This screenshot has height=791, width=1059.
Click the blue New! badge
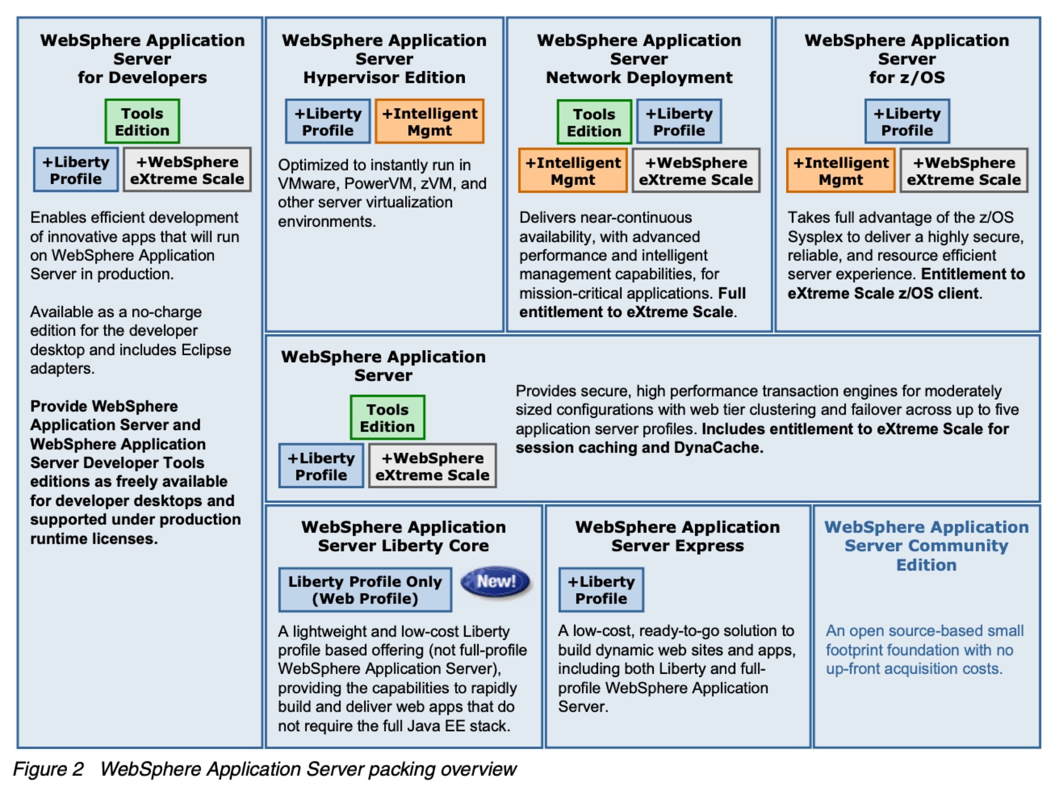(495, 581)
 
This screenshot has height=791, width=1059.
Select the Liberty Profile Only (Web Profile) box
(365, 590)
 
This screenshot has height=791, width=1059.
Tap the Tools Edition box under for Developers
(142, 122)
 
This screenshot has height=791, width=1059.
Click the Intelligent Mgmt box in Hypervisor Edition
(429, 122)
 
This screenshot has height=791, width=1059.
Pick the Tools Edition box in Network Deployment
(594, 122)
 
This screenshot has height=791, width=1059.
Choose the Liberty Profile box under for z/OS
(907, 122)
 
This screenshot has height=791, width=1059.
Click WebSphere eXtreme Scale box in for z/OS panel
(964, 171)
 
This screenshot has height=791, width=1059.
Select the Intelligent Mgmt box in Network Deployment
(572, 171)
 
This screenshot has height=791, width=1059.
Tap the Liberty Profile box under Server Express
(601, 590)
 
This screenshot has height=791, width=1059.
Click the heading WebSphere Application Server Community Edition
(926, 545)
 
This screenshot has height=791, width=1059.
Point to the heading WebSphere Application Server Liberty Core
(403, 536)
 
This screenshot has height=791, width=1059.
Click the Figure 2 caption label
(48, 769)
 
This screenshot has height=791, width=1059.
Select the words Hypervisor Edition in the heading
(384, 77)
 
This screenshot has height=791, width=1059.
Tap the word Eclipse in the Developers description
(206, 350)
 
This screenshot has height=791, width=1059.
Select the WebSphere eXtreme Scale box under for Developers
(187, 170)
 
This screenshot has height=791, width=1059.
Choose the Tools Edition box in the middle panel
(387, 418)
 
